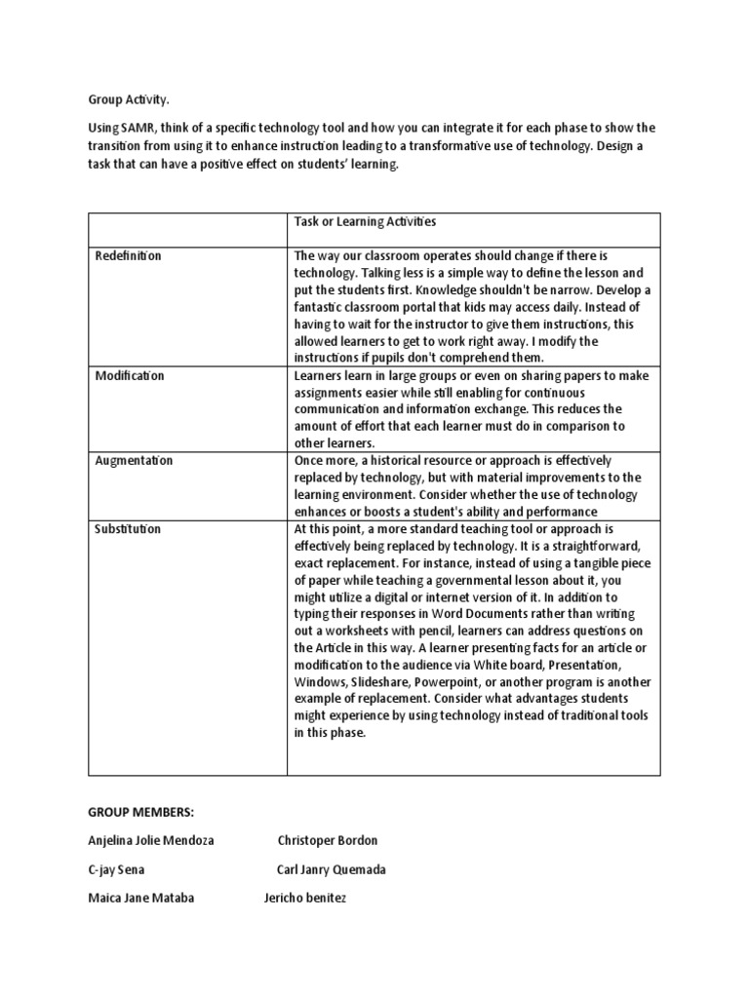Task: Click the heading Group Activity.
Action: pyautogui.click(x=121, y=99)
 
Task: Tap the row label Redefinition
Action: pyautogui.click(x=128, y=255)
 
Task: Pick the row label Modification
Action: pyautogui.click(x=129, y=375)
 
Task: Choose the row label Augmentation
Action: pyautogui.click(x=134, y=460)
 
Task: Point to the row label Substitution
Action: pyautogui.click(x=128, y=529)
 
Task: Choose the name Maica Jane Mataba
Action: pyautogui.click(x=140, y=898)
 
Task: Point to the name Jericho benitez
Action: pyautogui.click(x=305, y=898)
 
